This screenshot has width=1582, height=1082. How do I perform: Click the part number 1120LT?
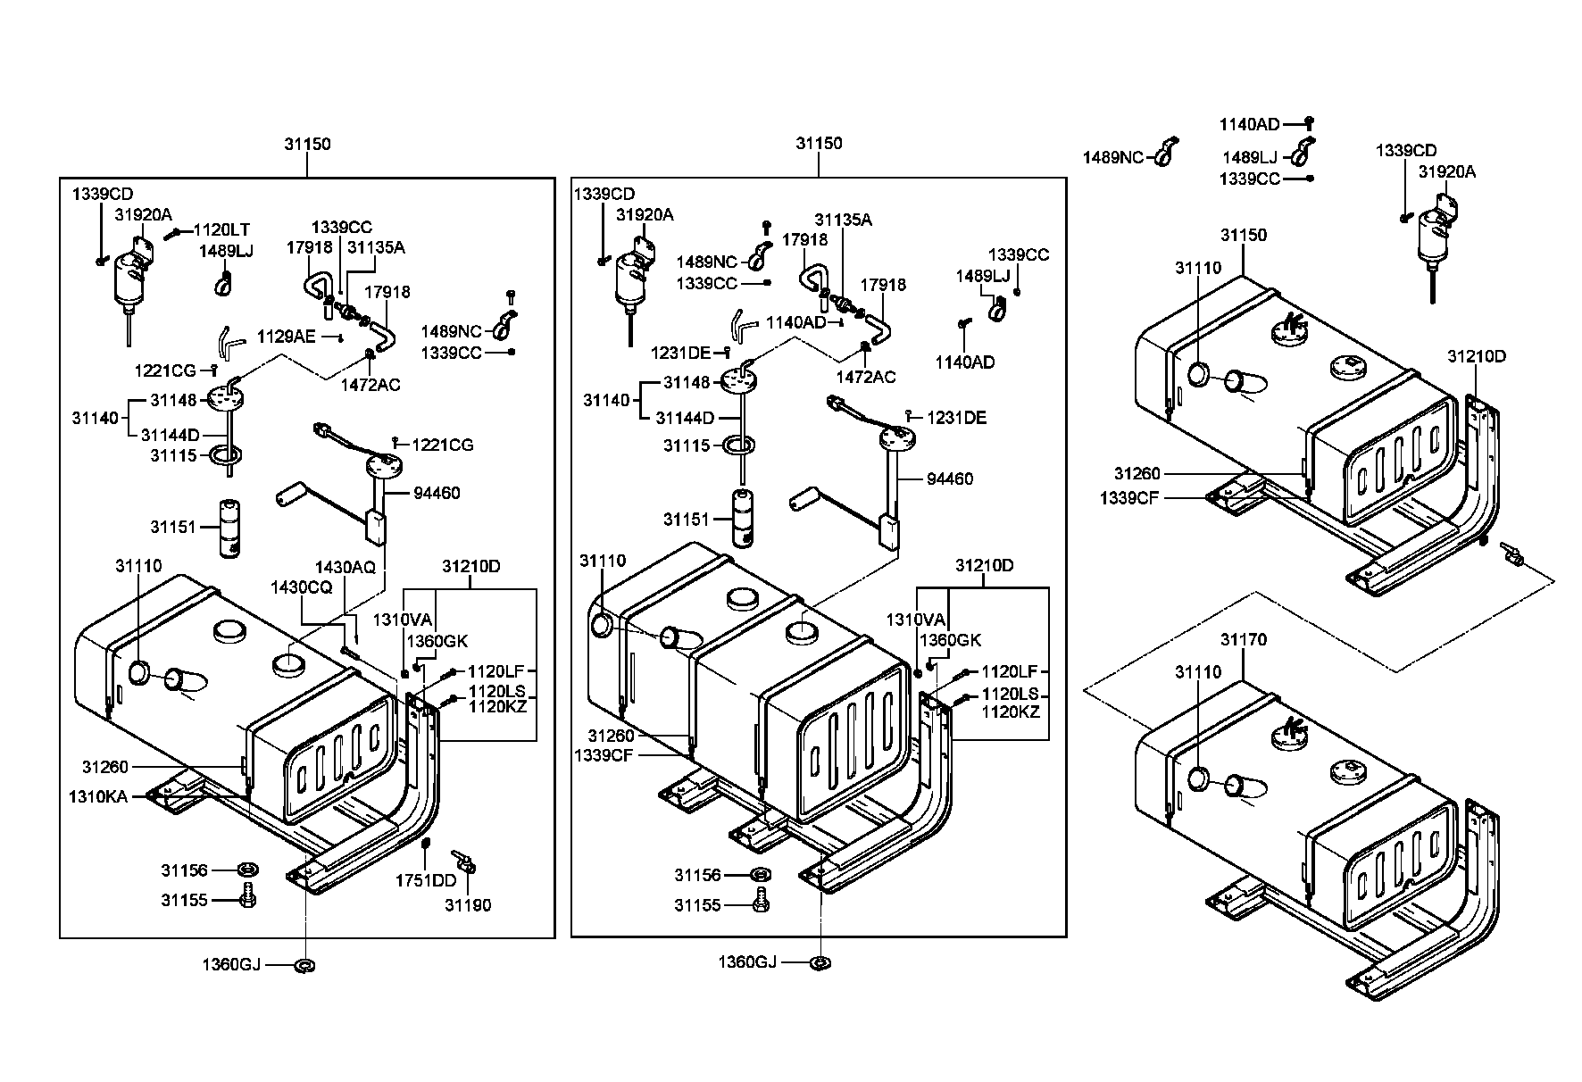tap(221, 230)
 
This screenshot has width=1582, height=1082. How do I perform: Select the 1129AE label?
tap(287, 337)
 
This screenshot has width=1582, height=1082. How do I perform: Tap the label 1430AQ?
tap(345, 568)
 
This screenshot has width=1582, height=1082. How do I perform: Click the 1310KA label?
tap(97, 795)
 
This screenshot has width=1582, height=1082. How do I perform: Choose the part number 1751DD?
tap(426, 881)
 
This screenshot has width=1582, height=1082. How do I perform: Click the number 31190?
tap(469, 905)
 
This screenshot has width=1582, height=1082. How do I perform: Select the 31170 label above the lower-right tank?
tap(1244, 640)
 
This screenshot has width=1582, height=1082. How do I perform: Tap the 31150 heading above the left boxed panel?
tap(308, 144)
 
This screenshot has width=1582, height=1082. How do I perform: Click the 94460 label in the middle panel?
tap(950, 479)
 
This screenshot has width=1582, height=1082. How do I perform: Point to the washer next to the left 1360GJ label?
tap(304, 964)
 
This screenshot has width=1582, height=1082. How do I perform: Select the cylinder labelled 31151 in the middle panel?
tap(743, 518)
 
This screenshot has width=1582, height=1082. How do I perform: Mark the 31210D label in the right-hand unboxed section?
tap(1477, 357)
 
